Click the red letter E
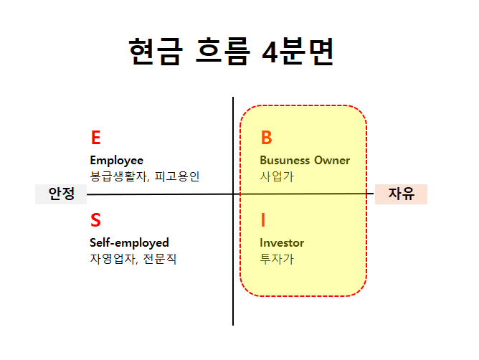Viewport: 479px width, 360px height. tap(96, 138)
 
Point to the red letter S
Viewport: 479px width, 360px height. tap(96, 220)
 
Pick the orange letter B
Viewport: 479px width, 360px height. tap(266, 138)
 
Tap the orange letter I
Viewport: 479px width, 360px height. tap(263, 220)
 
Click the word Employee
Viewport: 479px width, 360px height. tap(116, 161)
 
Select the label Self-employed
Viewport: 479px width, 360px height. tap(129, 243)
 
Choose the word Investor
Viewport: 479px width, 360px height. tap(282, 243)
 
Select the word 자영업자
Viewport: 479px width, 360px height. tap(111, 259)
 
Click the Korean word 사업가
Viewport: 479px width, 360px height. tap(277, 176)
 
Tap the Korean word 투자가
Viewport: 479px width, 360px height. tap(277, 259)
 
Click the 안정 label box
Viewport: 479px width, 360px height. tap(61, 194)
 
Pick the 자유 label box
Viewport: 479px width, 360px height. tap(401, 194)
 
